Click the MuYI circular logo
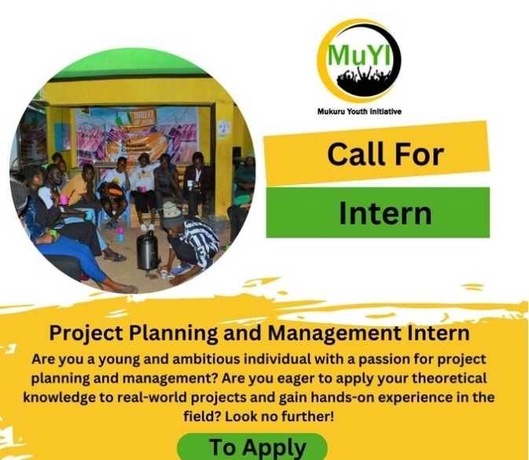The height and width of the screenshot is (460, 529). tap(358, 61)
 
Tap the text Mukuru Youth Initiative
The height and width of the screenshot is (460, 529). tap(359, 112)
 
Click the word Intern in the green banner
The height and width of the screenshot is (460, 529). tap(385, 213)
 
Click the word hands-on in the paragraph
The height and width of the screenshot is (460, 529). tap(342, 397)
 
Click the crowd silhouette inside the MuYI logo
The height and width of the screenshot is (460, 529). tap(365, 80)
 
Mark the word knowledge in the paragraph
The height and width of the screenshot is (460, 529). tap(59, 398)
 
